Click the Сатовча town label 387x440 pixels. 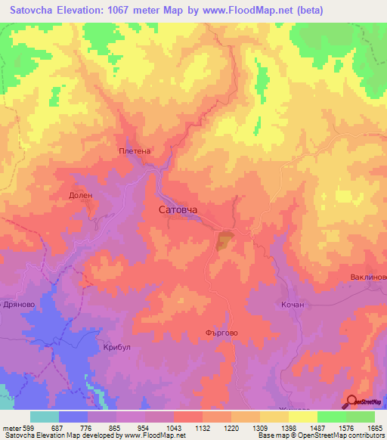click(x=182, y=209)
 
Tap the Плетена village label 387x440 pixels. click(x=135, y=150)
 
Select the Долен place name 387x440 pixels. click(x=80, y=194)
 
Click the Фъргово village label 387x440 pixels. click(x=221, y=331)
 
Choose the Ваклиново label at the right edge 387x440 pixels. click(x=368, y=277)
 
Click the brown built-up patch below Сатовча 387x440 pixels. click(x=224, y=242)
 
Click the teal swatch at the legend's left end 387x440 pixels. click(x=45, y=417)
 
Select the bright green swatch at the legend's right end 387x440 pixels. click(x=360, y=417)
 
